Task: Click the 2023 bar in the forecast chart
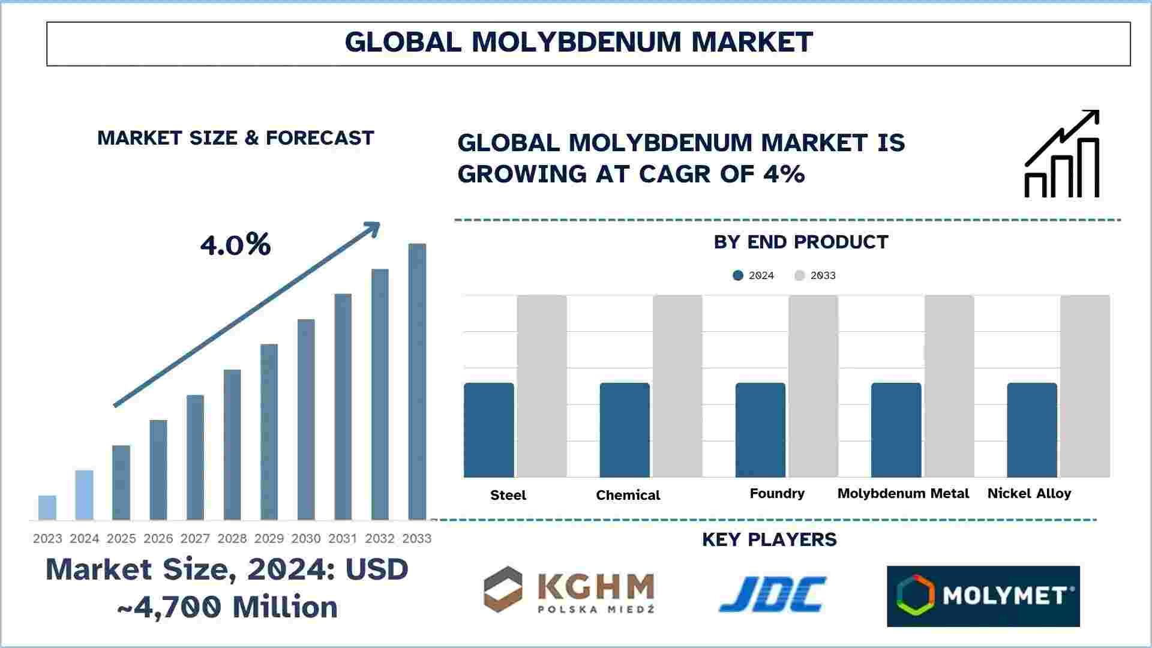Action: [x=47, y=508]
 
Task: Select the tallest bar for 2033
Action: [x=417, y=382]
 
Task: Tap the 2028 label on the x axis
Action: [x=232, y=539]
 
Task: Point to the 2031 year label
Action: [x=343, y=539]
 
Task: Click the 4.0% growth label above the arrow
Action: [x=235, y=245]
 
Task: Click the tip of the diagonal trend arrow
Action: [x=379, y=223]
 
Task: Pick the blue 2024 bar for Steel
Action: [x=489, y=430]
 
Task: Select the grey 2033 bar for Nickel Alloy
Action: [x=1085, y=386]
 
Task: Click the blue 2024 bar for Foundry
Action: [x=760, y=430]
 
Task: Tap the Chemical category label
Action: [x=628, y=495]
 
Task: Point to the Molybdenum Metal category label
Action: [x=903, y=493]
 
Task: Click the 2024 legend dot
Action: [x=738, y=275]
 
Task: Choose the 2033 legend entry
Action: [x=815, y=275]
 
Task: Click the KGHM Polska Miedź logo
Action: [x=569, y=590]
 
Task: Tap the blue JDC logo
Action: [x=772, y=594]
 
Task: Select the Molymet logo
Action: [x=983, y=596]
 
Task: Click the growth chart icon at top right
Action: [x=1062, y=154]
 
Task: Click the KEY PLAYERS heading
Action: [x=769, y=539]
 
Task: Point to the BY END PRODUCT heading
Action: [x=801, y=242]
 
